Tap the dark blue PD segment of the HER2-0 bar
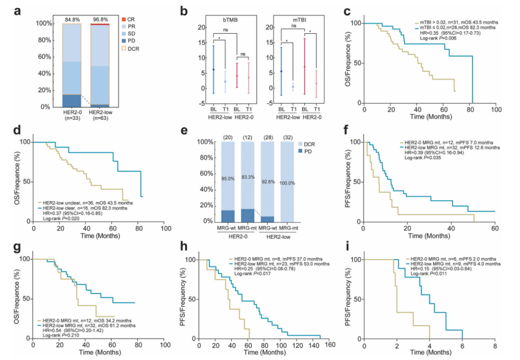tap(71, 100)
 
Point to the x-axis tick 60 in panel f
tap(495, 227)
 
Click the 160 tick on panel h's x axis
tap(330, 345)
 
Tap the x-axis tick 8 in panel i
tap(495, 345)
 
